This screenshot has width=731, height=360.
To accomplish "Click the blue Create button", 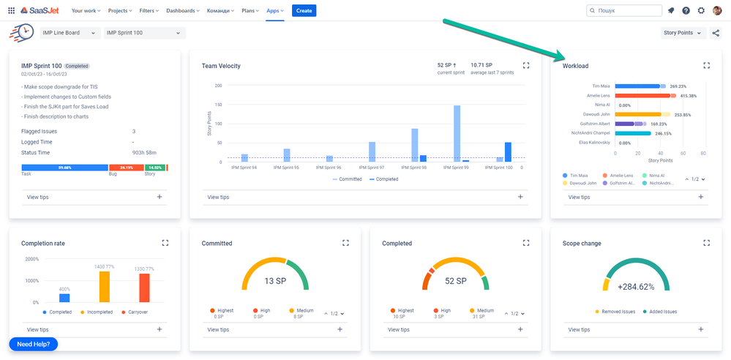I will pos(304,10).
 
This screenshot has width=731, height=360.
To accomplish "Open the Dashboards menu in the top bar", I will pos(183,11).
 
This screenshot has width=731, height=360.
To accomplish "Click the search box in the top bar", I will pos(623,11).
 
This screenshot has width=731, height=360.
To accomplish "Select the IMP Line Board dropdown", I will pos(70,33).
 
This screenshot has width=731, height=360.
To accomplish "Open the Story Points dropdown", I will pos(683,33).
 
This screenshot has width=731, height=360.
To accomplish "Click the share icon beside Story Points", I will pos(716,33).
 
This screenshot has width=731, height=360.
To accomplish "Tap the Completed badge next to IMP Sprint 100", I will pos(77,66).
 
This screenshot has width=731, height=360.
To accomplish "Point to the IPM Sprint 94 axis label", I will pos(244,168).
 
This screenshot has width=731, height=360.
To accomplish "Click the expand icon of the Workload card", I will pos(706,65).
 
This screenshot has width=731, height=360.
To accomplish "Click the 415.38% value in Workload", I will pos(689,96).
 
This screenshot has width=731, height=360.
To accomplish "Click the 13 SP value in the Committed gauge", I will pos(274,281).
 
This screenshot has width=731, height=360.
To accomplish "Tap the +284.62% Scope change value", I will pos(635,287).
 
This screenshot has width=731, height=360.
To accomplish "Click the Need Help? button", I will pos(33,344).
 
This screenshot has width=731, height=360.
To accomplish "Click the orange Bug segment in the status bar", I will pos(126,168).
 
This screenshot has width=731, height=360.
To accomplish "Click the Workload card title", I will pos(575,66).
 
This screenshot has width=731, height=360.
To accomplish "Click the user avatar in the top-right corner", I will pos(717,10).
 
